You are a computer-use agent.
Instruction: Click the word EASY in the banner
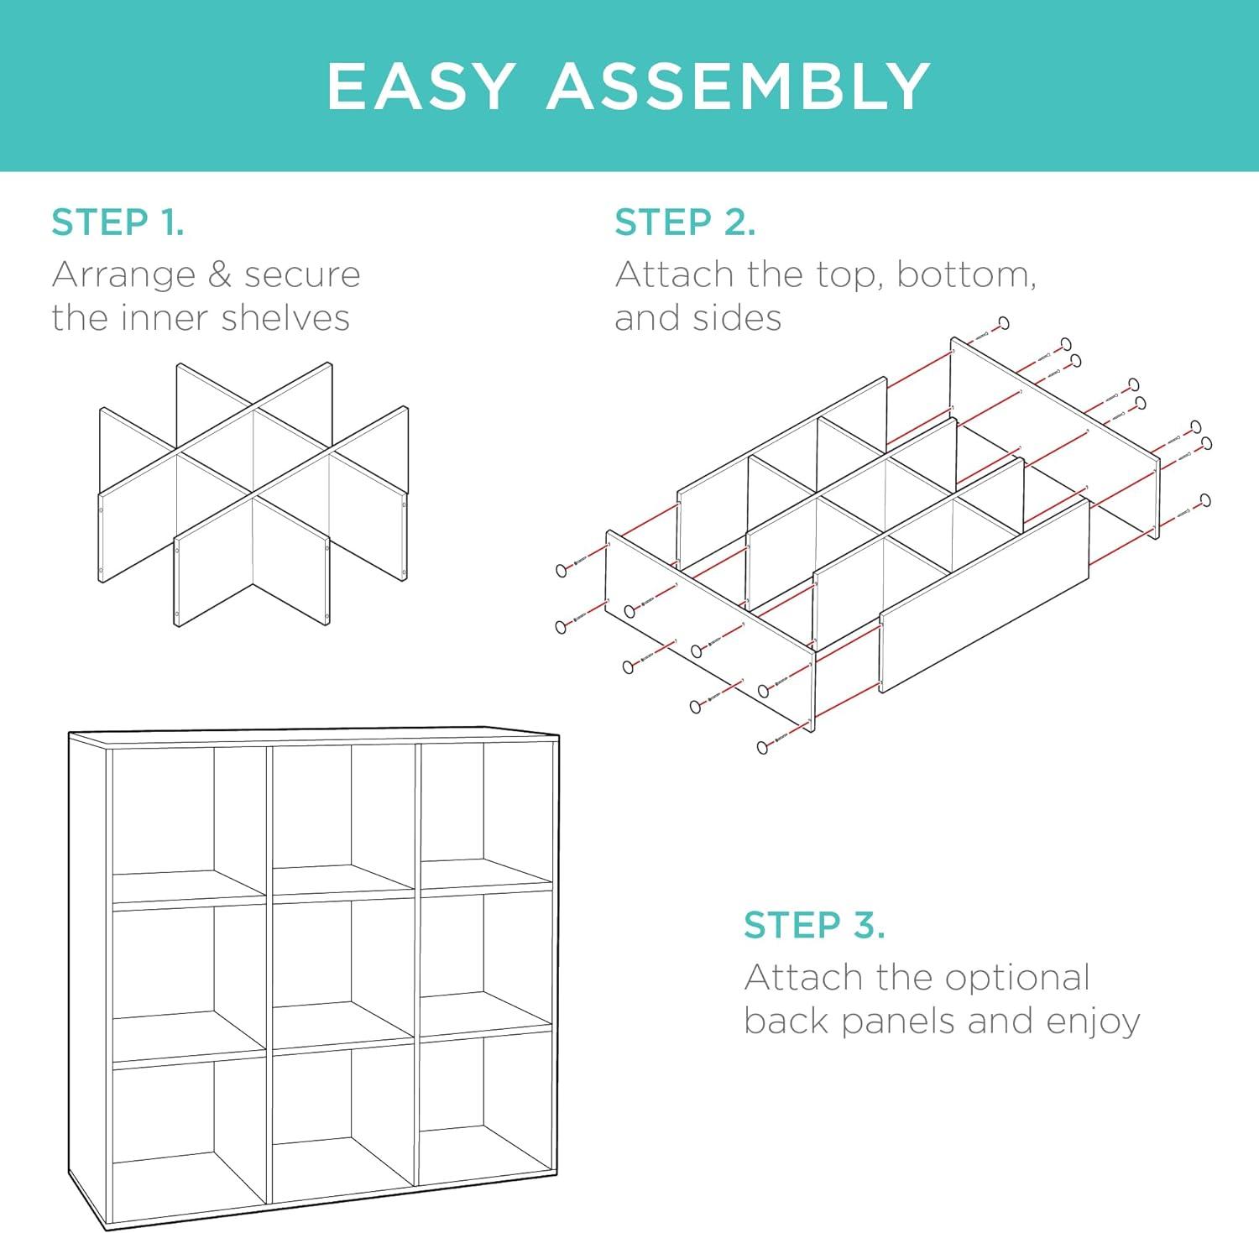(x=421, y=86)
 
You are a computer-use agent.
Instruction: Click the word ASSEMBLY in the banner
(x=739, y=86)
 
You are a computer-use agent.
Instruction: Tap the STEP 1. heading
(x=118, y=222)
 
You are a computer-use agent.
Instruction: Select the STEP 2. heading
(x=685, y=222)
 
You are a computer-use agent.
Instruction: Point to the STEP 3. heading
(x=814, y=925)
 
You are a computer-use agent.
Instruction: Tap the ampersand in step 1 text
(x=220, y=274)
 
